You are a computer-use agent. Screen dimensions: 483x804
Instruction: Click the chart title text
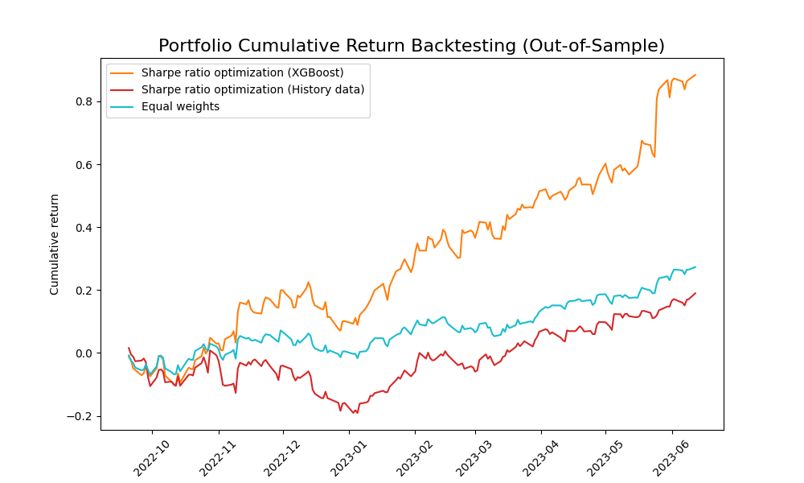click(x=412, y=46)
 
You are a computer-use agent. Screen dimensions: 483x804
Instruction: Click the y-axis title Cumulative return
click(x=55, y=244)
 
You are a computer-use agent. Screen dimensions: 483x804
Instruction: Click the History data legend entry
click(x=252, y=89)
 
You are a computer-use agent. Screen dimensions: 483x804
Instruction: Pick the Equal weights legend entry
click(x=180, y=106)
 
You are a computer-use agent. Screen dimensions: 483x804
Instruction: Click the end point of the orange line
click(x=695, y=75)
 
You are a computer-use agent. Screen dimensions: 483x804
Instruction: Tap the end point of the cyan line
click(x=695, y=267)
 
